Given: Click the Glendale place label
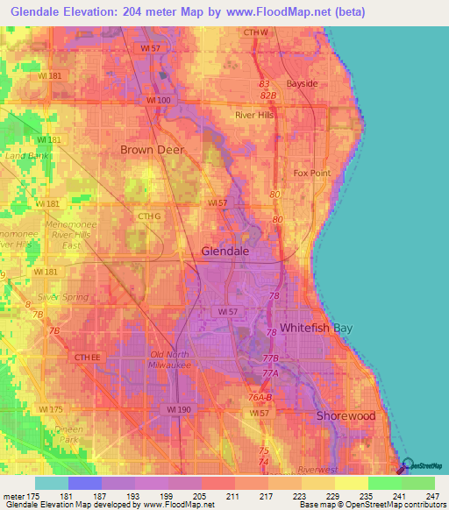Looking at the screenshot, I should click(x=225, y=251).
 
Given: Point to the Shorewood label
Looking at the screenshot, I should click(x=346, y=415).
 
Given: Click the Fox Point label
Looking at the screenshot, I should click(x=311, y=173).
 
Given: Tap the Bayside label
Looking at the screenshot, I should click(x=313, y=83).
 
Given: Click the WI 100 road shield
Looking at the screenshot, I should click(x=159, y=102).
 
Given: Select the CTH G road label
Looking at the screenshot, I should click(x=150, y=216).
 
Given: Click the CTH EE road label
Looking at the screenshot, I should click(x=89, y=357).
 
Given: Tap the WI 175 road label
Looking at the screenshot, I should click(x=50, y=409).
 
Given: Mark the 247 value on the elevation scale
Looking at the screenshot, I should click(x=433, y=495).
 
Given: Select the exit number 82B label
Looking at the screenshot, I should click(x=267, y=95).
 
